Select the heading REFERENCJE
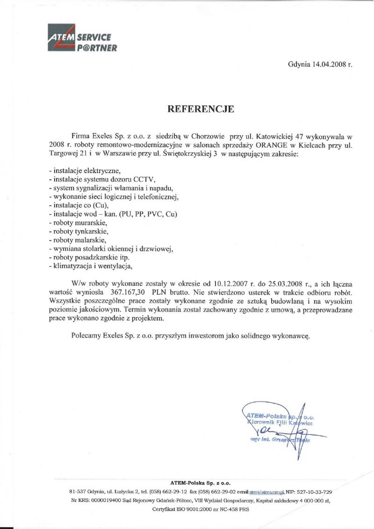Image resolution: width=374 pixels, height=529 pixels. [201, 109]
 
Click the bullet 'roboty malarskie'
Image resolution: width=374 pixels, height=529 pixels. [79, 240]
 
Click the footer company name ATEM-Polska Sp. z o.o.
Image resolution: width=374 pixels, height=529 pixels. [200, 482]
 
